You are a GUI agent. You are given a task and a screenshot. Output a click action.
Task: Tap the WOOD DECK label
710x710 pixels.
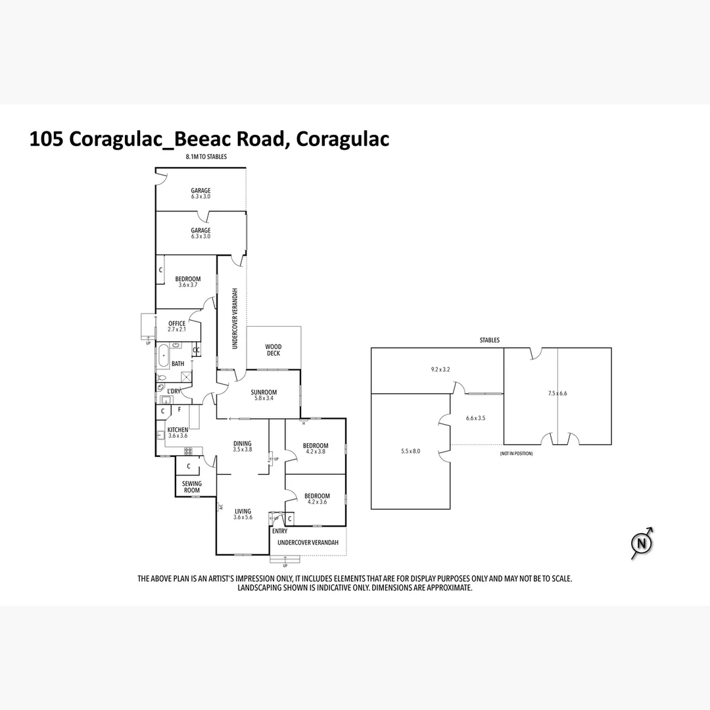tap(273, 350)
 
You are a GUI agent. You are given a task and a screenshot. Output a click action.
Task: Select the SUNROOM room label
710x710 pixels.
tap(264, 392)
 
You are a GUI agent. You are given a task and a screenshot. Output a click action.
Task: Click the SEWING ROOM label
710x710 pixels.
tap(192, 487)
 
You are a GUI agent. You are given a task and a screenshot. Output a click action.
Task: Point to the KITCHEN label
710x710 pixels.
tap(177, 430)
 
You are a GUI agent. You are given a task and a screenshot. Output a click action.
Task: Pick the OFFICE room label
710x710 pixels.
tap(177, 323)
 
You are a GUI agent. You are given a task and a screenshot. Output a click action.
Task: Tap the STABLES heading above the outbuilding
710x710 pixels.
tap(490, 341)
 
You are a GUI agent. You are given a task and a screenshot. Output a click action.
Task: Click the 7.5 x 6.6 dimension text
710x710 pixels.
tap(557, 393)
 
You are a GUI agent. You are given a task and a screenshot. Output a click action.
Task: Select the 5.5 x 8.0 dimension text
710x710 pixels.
tap(410, 451)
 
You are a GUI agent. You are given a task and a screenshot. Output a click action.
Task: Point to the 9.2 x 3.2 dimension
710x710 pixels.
tap(440, 369)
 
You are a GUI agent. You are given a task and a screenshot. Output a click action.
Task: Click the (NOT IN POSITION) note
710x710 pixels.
tap(516, 454)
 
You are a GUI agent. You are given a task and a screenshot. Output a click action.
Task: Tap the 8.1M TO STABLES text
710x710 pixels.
tap(206, 157)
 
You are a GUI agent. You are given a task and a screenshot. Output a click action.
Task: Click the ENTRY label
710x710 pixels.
tap(279, 531)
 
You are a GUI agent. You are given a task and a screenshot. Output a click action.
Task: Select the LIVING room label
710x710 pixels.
tap(243, 511)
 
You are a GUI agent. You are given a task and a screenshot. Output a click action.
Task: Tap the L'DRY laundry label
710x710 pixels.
tap(174, 391)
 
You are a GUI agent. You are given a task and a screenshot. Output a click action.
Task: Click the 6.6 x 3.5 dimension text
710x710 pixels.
tap(475, 418)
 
